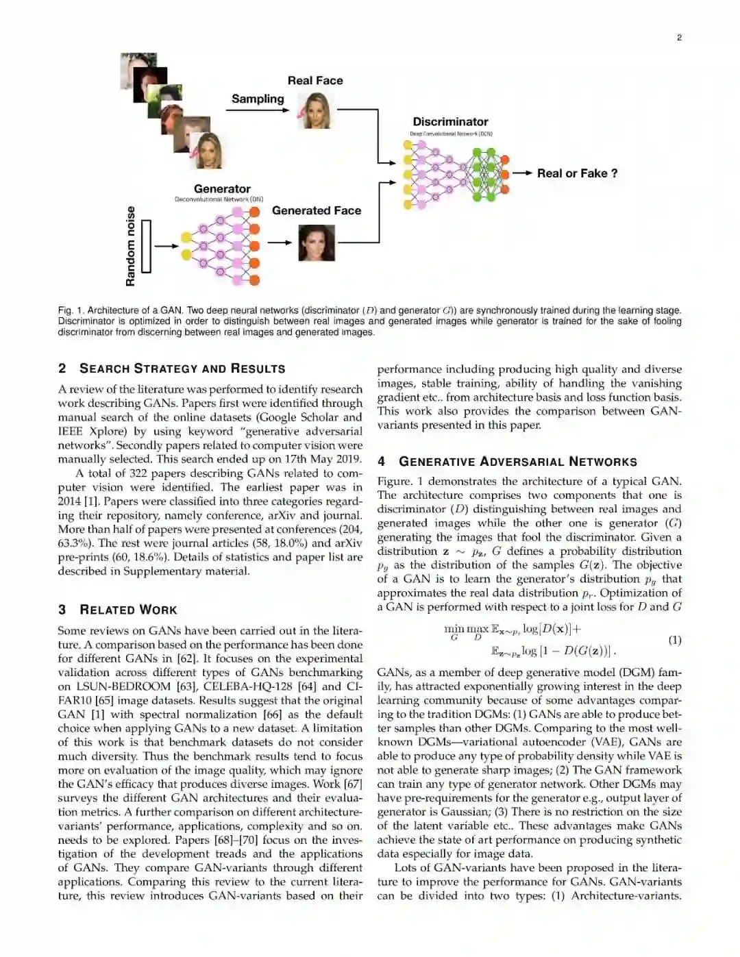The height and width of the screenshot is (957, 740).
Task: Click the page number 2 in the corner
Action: (679, 38)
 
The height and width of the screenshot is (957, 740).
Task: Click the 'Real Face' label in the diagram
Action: (315, 80)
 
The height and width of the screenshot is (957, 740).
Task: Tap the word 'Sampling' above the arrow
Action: (258, 99)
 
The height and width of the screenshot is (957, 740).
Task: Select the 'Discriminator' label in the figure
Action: (450, 121)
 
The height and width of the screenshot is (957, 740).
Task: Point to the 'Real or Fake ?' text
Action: (577, 173)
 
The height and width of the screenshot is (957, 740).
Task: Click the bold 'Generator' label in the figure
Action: (222, 188)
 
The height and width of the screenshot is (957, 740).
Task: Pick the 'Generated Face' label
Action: (317, 210)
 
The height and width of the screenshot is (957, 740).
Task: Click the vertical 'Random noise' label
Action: (130, 246)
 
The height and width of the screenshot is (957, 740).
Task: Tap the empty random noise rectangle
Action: (145, 246)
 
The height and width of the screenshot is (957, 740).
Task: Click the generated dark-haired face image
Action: (317, 243)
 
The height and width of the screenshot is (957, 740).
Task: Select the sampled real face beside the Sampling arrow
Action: (316, 110)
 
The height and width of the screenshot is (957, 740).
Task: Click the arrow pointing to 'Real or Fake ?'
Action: (522, 173)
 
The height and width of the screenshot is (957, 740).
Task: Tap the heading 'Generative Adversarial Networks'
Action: (518, 462)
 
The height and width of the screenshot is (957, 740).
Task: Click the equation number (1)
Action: (674, 640)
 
